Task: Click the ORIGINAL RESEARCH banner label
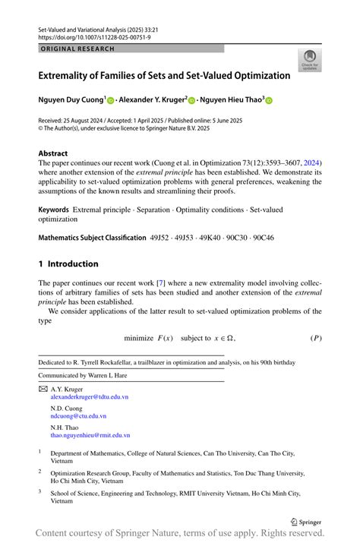point(77,49)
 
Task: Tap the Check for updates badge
point(309,61)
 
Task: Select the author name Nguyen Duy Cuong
point(71,99)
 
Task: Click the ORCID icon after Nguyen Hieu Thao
point(268,100)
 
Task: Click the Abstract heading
point(53,153)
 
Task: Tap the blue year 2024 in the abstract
point(311,163)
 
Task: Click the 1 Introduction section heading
point(68,264)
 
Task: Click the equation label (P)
point(315,337)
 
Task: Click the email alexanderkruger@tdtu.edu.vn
point(89,396)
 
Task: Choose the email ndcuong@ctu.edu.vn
point(77,416)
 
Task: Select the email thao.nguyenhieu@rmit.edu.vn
point(90,436)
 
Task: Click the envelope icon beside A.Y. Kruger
point(43,388)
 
